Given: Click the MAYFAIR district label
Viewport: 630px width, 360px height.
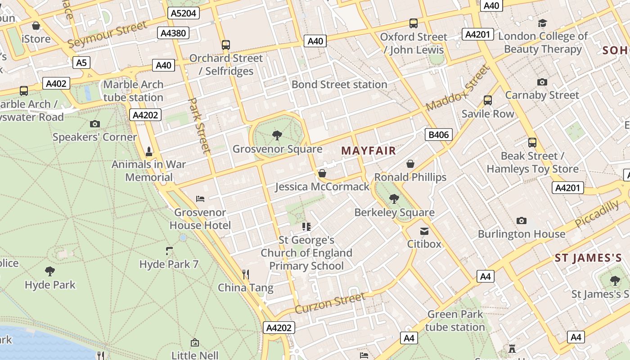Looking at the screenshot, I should tap(369, 151).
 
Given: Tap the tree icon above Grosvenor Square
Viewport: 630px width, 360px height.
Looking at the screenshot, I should tap(277, 135).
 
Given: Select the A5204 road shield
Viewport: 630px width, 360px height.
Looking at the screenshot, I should tap(184, 13).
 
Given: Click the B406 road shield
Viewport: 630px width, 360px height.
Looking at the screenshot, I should tap(438, 135).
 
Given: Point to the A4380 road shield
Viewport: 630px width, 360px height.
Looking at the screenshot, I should tap(173, 33).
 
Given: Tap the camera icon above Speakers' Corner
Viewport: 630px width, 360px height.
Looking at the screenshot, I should tap(95, 124).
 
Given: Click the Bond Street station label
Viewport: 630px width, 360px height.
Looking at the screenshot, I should tap(339, 85).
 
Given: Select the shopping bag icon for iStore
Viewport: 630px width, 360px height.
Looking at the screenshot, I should tap(36, 26).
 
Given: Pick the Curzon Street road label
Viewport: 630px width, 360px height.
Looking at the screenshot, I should tap(330, 303).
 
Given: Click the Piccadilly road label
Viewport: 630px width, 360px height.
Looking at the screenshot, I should tap(597, 214).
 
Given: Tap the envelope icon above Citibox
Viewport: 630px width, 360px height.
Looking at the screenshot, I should tap(424, 231).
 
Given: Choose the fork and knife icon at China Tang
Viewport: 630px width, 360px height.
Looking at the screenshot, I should tap(246, 274).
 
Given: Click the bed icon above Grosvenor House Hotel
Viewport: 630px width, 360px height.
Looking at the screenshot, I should tap(200, 198).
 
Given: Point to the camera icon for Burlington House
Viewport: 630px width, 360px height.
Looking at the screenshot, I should tap(522, 220).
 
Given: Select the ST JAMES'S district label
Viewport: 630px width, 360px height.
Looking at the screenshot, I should tap(588, 258).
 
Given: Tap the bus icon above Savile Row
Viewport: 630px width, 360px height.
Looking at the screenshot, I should tap(488, 100).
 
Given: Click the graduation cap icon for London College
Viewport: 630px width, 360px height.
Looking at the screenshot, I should tap(543, 23).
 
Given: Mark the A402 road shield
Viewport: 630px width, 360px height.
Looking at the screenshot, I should tap(56, 83).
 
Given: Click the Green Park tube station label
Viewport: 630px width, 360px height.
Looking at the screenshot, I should tap(455, 320).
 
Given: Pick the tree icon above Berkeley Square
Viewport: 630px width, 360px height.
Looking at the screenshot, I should tap(394, 198).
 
